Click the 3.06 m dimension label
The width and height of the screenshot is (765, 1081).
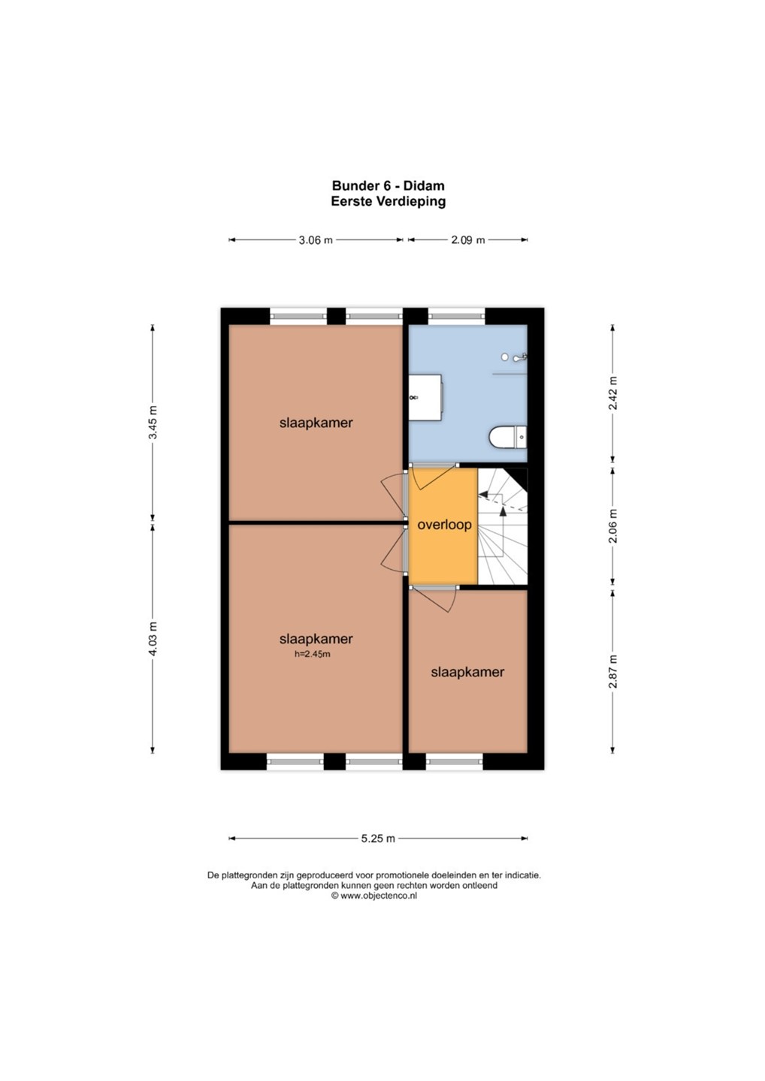pyautogui.click(x=316, y=240)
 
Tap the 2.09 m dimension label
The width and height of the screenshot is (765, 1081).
pyautogui.click(x=467, y=240)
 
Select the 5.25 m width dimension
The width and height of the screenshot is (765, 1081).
pyautogui.click(x=378, y=839)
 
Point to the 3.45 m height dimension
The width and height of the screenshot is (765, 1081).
pyautogui.click(x=153, y=423)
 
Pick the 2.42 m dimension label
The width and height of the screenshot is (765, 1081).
pyautogui.click(x=613, y=393)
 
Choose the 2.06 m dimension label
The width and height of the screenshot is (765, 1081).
pyautogui.click(x=613, y=526)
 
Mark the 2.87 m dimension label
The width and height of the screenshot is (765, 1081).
pyautogui.click(x=613, y=671)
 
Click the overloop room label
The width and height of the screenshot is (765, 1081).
pyautogui.click(x=444, y=525)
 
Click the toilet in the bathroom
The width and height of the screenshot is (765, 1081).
pyautogui.click(x=507, y=438)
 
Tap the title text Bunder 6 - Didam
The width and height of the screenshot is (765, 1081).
pyautogui.click(x=389, y=186)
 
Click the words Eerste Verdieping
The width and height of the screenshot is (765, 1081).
pyautogui.click(x=389, y=201)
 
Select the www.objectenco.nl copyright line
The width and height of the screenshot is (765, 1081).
pyautogui.click(x=373, y=896)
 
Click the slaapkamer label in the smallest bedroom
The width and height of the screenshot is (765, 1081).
pyautogui.click(x=467, y=673)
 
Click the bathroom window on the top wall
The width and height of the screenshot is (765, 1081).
pyautogui.click(x=456, y=316)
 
